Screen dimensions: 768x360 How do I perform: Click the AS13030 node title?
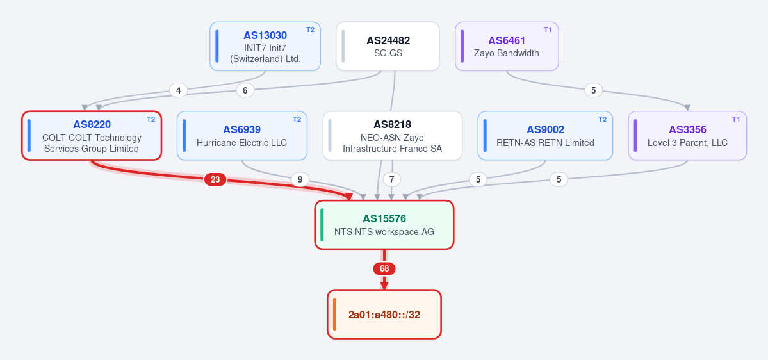pyautogui.click(x=265, y=36)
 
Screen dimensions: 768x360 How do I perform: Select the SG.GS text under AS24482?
pyautogui.click(x=388, y=53)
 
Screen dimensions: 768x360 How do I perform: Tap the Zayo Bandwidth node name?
pyautogui.click(x=507, y=53)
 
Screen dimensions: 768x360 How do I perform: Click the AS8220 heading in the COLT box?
pyautogui.click(x=92, y=125)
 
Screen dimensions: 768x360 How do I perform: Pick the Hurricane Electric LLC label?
pyautogui.click(x=241, y=143)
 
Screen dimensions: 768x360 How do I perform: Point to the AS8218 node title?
pyautogui.click(x=392, y=125)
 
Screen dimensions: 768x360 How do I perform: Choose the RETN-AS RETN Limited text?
pyautogui.click(x=545, y=143)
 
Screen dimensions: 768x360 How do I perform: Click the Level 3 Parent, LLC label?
pyautogui.click(x=687, y=143)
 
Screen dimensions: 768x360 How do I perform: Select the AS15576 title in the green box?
pyautogui.click(x=384, y=219)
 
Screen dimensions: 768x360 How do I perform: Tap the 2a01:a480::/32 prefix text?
pyautogui.click(x=384, y=315)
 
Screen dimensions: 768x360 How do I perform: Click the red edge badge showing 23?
pyautogui.click(x=215, y=180)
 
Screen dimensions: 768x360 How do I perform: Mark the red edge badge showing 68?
pyautogui.click(x=384, y=269)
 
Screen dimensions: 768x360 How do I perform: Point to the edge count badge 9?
pyautogui.click(x=300, y=180)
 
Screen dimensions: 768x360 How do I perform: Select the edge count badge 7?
pyautogui.click(x=391, y=180)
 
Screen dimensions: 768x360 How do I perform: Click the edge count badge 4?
pyautogui.click(x=178, y=90)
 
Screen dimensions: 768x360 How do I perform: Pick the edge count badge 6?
pyautogui.click(x=245, y=90)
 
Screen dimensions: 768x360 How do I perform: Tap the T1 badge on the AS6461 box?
pyautogui.click(x=548, y=29)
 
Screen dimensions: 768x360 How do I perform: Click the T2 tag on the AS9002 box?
pyautogui.click(x=602, y=119)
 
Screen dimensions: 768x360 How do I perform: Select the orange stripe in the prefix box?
pyautogui.click(x=334, y=314)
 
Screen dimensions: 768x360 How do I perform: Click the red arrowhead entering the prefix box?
pyautogui.click(x=384, y=286)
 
